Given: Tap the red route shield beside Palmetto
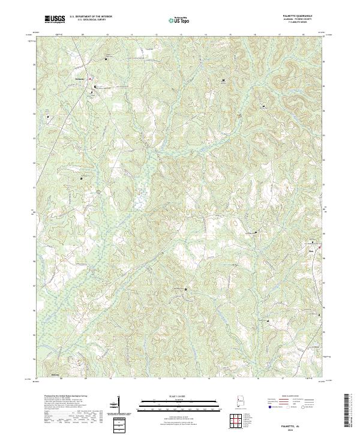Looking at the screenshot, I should (x=89, y=79).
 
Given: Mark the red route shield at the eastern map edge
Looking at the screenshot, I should (x=320, y=247).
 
